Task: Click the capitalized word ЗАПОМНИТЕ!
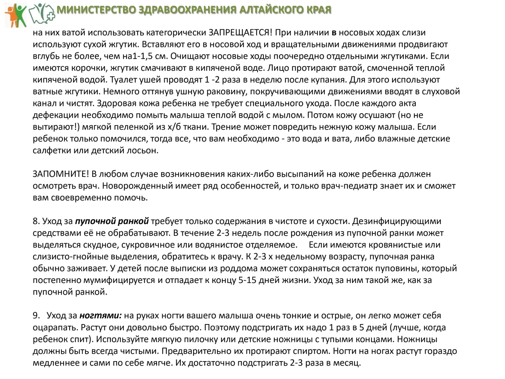pos(61,174)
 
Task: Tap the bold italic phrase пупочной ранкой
pos(112,221)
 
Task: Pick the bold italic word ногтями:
pos(100,316)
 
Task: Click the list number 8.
pos(36,221)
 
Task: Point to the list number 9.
pos(36,316)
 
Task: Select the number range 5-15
pos(247,280)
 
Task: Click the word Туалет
pos(119,80)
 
